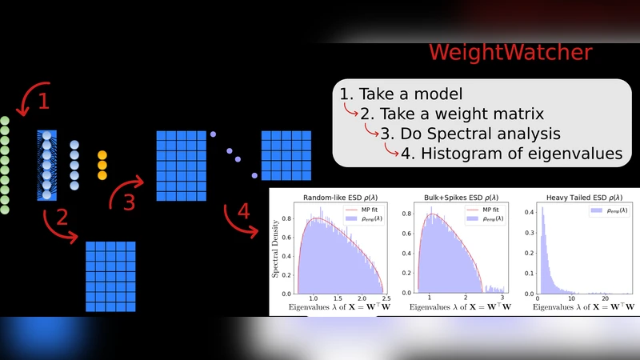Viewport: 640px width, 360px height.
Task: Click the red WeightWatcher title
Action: coord(510,53)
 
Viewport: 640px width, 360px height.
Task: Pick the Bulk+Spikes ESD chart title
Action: coord(452,196)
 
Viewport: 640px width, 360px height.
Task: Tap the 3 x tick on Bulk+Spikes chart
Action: coord(502,298)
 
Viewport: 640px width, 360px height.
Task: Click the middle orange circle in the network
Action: coord(102,165)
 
